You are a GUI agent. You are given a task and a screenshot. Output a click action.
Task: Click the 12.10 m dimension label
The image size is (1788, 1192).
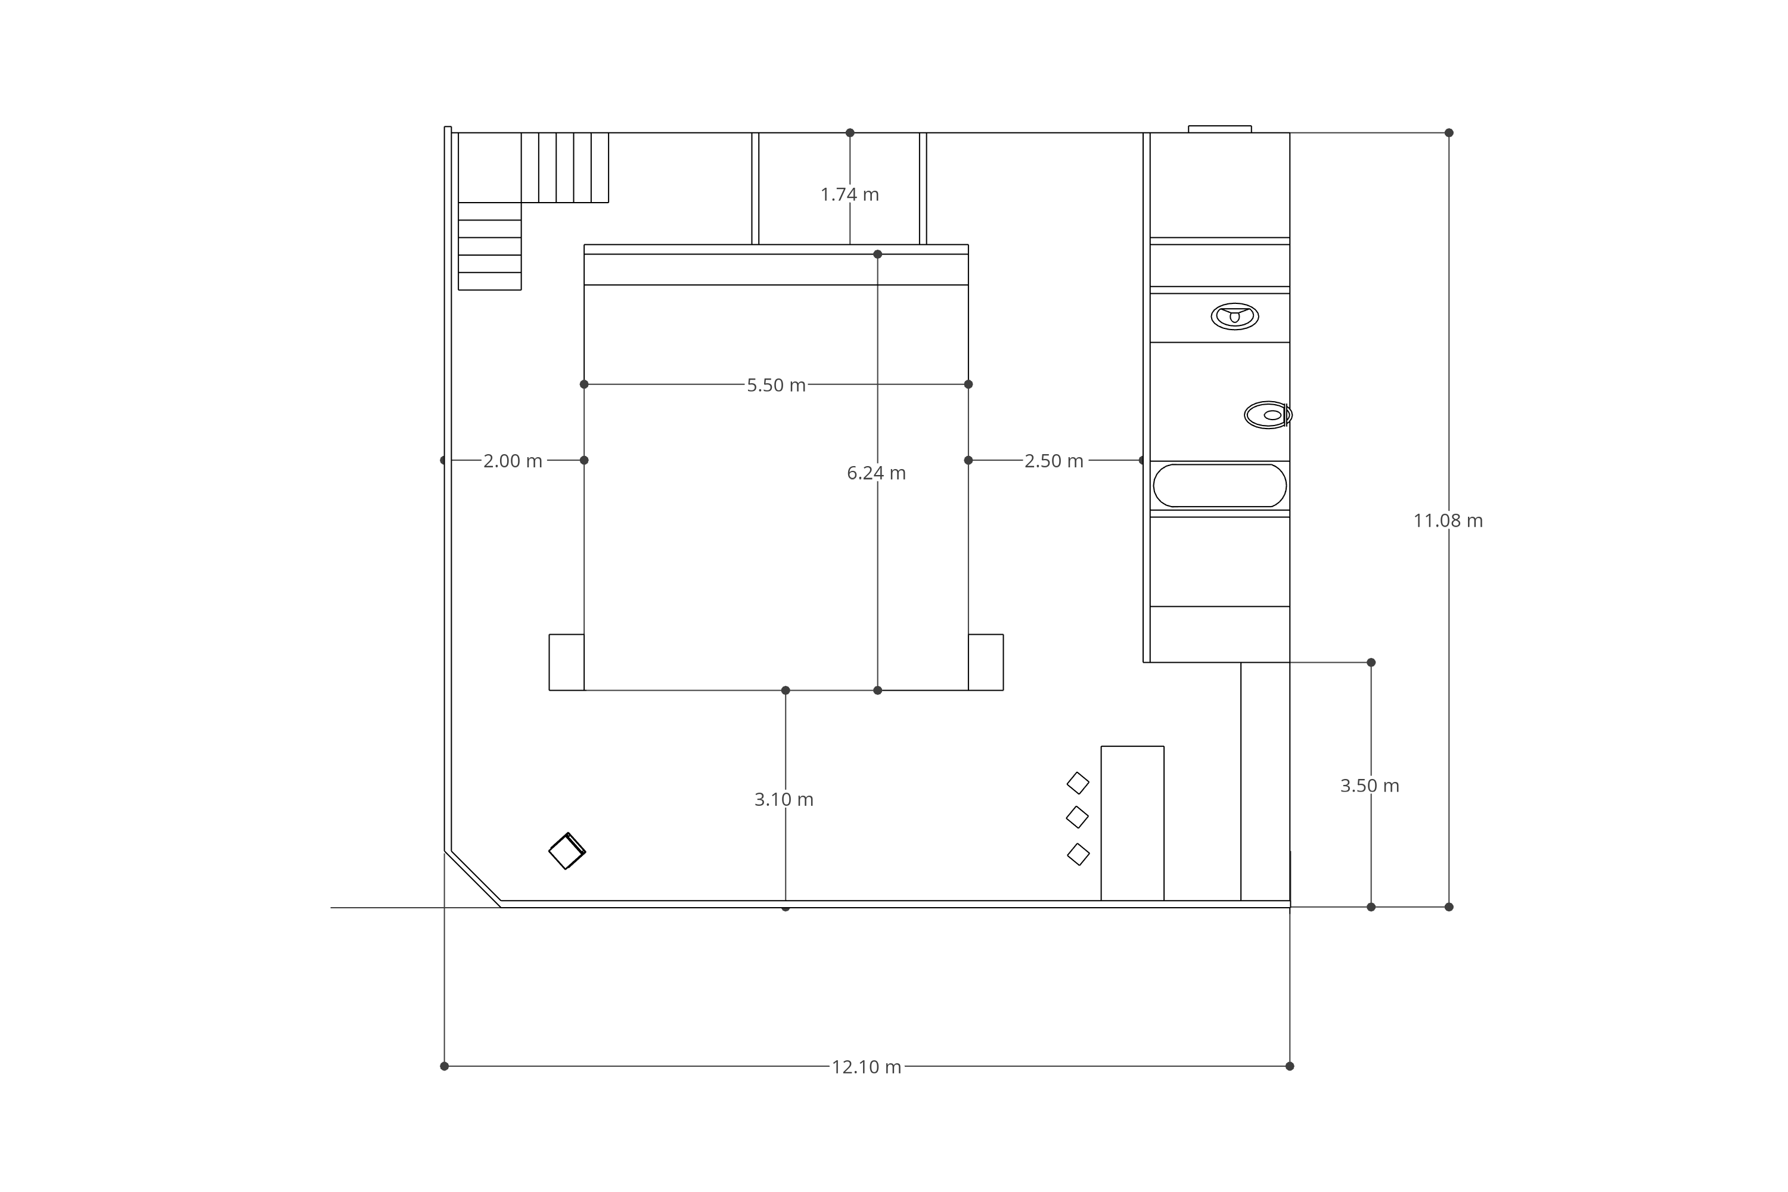pos(866,1067)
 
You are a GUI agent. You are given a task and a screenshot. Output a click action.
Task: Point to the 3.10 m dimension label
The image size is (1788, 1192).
pos(784,800)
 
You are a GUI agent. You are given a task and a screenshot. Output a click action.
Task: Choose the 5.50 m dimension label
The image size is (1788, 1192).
pos(775,386)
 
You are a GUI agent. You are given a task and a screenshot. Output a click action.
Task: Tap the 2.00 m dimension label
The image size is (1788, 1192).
pos(513,461)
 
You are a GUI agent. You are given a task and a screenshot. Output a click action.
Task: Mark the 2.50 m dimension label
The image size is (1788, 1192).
pos(1054,461)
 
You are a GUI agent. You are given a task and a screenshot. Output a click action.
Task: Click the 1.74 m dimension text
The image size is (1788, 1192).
pos(849,195)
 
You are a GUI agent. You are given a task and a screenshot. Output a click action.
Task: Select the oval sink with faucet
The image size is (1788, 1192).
pos(1234,316)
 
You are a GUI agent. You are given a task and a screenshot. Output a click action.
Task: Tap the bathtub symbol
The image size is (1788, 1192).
pos(1219,485)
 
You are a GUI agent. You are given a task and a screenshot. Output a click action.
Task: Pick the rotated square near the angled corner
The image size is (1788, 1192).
pos(567,852)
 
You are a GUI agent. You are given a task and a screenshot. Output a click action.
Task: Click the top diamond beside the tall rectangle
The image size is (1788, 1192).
pos(1078,783)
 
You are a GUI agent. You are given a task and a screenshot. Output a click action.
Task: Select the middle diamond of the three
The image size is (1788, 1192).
pos(1077,817)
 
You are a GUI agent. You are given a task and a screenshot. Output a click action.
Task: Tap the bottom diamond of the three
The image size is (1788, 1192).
pos(1078,855)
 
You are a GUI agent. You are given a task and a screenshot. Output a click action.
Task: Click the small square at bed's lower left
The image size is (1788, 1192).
pos(566,662)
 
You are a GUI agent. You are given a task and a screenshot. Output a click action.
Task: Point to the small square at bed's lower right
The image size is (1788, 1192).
pos(985,662)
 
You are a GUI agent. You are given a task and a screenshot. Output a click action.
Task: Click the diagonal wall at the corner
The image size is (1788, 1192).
pos(473,879)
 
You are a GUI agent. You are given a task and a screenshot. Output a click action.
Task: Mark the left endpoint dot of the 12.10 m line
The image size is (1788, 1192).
pos(445,1067)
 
